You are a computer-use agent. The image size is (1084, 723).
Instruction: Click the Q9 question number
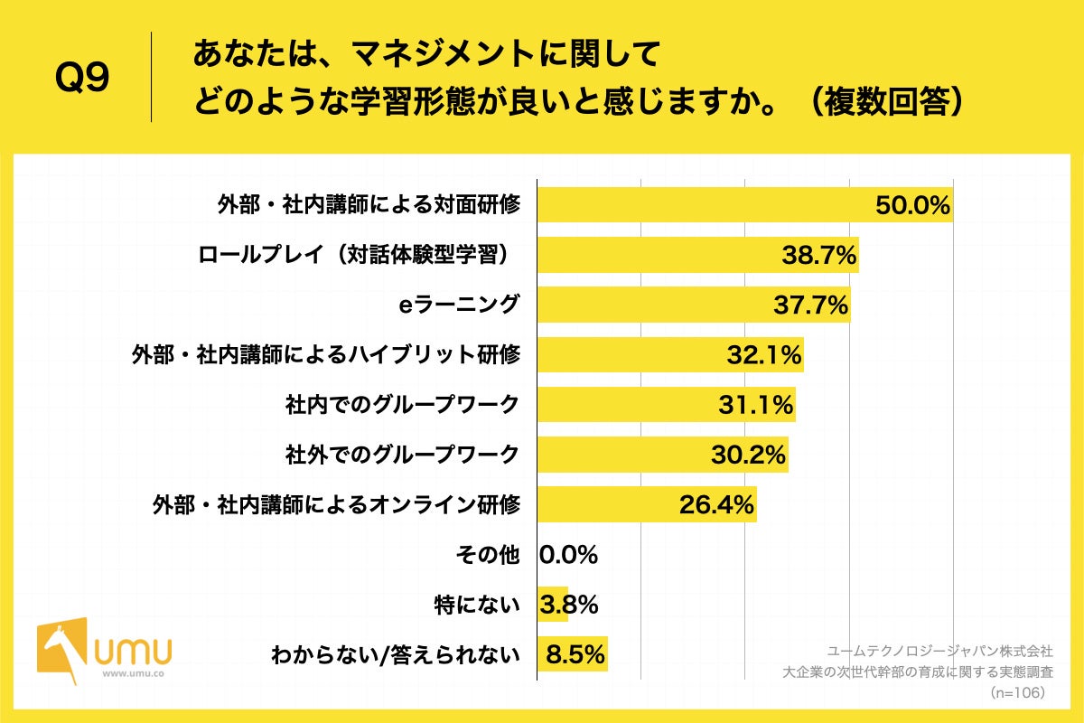82,78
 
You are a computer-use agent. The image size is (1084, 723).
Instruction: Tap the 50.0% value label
912,205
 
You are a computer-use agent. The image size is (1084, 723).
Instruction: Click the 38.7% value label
818,255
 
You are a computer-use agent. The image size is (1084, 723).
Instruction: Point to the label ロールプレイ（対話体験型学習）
359,255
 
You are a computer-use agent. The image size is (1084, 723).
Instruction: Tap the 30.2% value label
749,455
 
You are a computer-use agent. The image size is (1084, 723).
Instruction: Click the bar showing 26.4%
647,504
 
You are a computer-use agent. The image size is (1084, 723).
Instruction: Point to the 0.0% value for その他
568,555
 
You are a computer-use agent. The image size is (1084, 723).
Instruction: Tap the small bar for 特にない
552,605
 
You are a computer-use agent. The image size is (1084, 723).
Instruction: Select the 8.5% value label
574,654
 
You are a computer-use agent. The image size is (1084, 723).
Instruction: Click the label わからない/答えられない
396,655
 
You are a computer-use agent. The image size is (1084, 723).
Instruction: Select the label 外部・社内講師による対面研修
369,205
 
